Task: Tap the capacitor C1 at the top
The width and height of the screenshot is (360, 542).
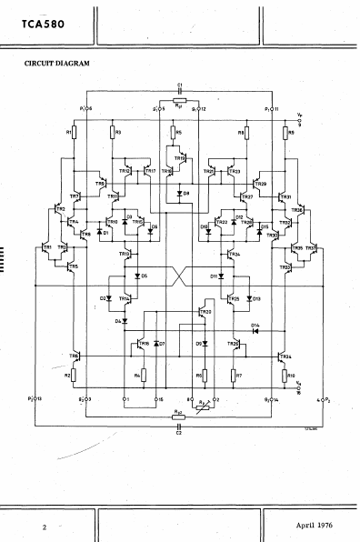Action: point(180,93)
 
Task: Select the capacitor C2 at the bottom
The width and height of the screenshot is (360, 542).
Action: point(179,424)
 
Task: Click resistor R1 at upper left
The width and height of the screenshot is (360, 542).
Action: point(75,134)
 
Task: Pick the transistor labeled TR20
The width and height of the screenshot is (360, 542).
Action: point(201,314)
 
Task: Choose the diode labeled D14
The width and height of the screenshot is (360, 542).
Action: point(255,330)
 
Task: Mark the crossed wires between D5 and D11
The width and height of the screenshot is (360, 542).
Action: point(179,275)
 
